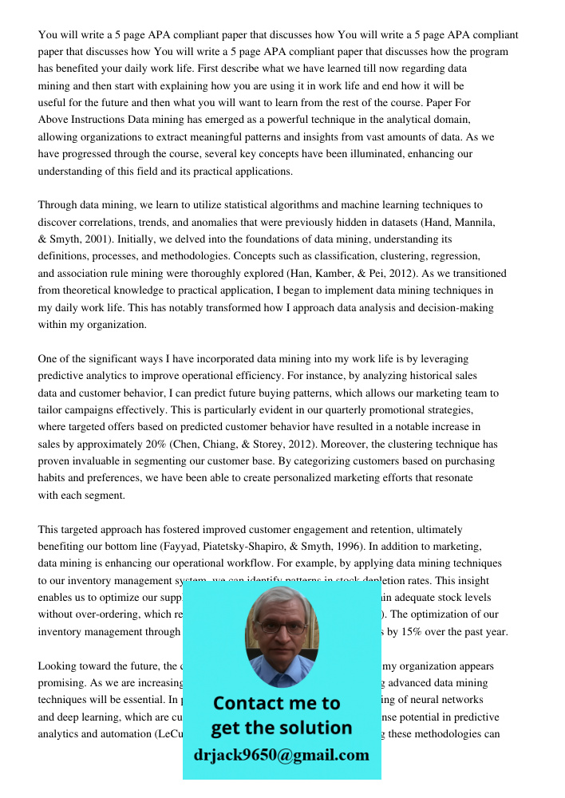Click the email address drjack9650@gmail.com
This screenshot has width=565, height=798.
point(281,754)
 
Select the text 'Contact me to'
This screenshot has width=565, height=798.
point(276,703)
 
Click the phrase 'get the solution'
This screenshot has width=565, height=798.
point(281,728)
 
